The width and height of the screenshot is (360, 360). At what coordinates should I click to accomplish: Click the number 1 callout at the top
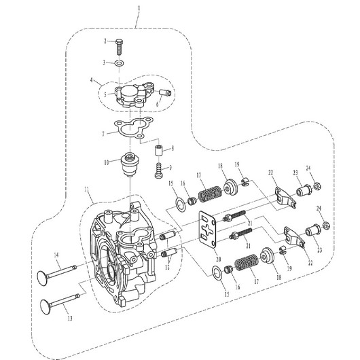[139, 8]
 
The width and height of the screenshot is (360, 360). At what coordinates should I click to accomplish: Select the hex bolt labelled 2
[119, 47]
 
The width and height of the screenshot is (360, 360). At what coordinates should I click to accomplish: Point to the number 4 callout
[92, 80]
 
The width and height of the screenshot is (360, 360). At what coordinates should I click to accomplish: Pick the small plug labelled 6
[165, 93]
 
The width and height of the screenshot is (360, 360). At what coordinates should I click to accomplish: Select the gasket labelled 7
[133, 128]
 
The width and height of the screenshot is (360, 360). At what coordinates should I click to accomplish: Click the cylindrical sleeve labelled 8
[158, 150]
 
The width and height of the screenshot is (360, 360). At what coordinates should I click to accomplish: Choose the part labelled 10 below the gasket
[130, 164]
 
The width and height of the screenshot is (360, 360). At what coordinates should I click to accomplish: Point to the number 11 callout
[86, 190]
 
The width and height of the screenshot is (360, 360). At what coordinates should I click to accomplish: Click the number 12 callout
[167, 267]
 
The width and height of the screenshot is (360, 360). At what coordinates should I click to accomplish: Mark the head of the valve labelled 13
[45, 306]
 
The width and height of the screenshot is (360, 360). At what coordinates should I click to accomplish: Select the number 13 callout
[70, 318]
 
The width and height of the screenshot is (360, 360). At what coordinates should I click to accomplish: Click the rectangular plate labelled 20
[208, 230]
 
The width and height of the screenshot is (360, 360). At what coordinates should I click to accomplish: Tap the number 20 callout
[218, 259]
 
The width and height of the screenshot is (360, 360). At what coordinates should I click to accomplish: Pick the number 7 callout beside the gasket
[103, 134]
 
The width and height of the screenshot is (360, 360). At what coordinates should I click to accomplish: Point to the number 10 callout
[106, 163]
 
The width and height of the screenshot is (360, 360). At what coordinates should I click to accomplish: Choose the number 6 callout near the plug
[158, 104]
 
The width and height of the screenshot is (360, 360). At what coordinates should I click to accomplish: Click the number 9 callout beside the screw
[170, 168]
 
